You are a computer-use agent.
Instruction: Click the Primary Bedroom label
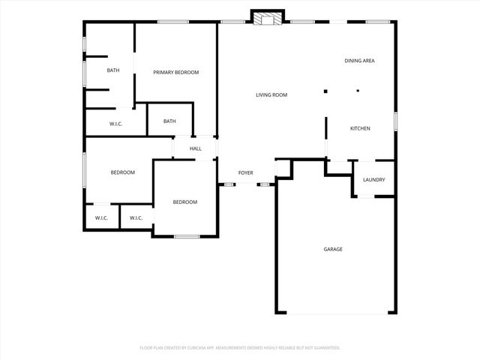click(175, 72)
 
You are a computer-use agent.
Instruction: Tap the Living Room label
click(271, 94)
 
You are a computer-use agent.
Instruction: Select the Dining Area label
click(359, 61)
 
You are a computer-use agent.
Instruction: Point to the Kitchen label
click(360, 128)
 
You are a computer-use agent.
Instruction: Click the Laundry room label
click(373, 179)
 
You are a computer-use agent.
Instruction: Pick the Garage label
click(333, 249)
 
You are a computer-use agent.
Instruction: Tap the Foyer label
click(245, 173)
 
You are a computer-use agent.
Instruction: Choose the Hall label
click(195, 148)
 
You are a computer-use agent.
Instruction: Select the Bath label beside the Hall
click(169, 121)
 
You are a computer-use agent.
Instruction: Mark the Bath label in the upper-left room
click(112, 70)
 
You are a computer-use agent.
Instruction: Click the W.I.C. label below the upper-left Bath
click(115, 124)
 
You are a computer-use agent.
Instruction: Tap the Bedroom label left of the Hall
click(122, 172)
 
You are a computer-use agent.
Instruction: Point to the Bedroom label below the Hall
click(184, 202)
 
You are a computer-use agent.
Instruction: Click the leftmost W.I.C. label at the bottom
click(101, 218)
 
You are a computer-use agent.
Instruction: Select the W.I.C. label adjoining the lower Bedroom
click(136, 218)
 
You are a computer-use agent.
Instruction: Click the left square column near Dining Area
click(325, 91)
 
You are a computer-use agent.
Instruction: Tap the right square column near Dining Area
click(358, 91)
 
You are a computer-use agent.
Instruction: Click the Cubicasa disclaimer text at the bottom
click(240, 347)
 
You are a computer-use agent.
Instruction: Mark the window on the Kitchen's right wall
click(395, 121)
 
